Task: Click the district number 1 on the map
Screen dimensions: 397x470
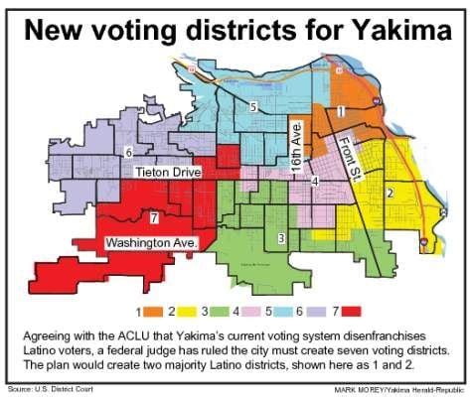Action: (341, 111)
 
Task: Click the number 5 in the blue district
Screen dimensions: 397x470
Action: (253, 106)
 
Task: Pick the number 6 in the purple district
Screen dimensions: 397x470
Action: (128, 152)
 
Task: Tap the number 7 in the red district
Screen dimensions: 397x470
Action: (155, 216)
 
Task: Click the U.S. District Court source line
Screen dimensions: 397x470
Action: (45, 386)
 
